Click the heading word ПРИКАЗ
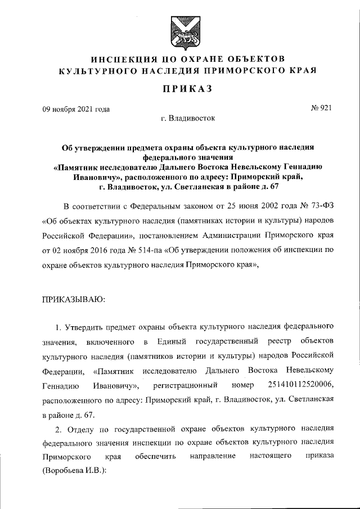point(180,89)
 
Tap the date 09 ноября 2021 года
point(76,109)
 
